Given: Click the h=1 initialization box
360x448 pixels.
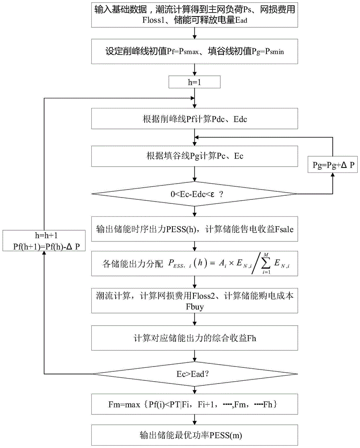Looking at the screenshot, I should tap(194, 82).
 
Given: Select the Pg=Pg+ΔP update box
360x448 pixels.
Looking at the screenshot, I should tap(332, 165).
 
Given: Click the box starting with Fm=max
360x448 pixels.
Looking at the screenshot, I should tap(194, 404).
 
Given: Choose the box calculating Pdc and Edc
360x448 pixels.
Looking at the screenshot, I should tap(194, 120).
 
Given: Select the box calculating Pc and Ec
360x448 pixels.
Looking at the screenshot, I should tap(194, 156).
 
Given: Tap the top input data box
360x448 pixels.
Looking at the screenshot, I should tap(194, 14).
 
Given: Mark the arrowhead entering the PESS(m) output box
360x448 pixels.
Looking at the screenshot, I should tap(194, 424).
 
